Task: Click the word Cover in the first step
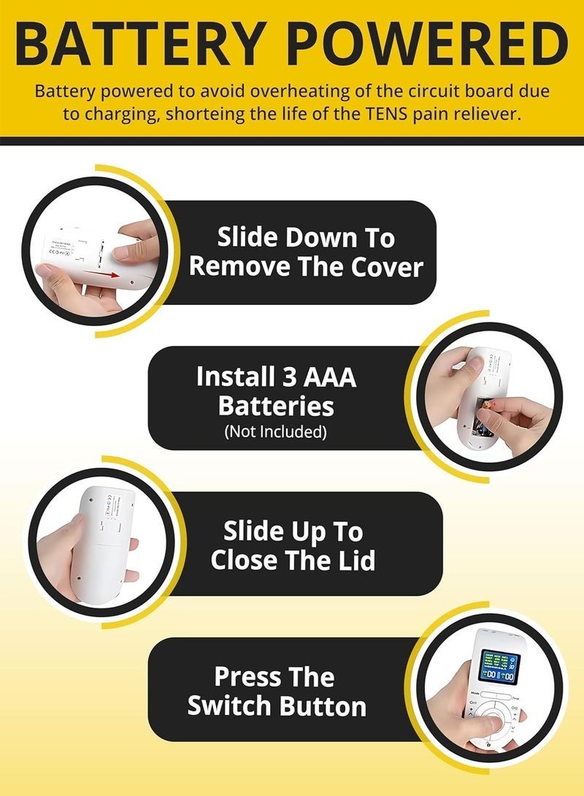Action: [x=384, y=267]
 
